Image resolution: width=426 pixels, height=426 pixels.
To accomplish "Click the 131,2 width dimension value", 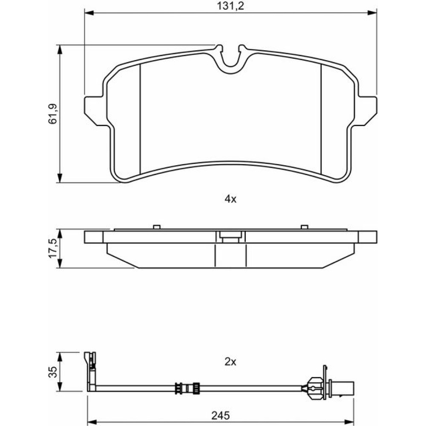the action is (230, 6).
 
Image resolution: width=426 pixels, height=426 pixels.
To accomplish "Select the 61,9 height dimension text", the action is (52, 114).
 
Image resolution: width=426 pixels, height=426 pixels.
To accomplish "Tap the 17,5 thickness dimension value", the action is (52, 248).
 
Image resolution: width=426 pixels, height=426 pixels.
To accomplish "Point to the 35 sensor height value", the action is (53, 371).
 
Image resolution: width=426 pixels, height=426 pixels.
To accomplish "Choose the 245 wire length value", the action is (221, 415).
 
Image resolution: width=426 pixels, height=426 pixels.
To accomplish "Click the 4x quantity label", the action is (230, 199).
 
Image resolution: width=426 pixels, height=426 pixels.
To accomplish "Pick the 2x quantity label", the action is (230, 362).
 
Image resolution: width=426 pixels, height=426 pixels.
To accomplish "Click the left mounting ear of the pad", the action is (94, 110).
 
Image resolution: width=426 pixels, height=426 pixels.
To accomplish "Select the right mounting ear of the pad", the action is (367, 110).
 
